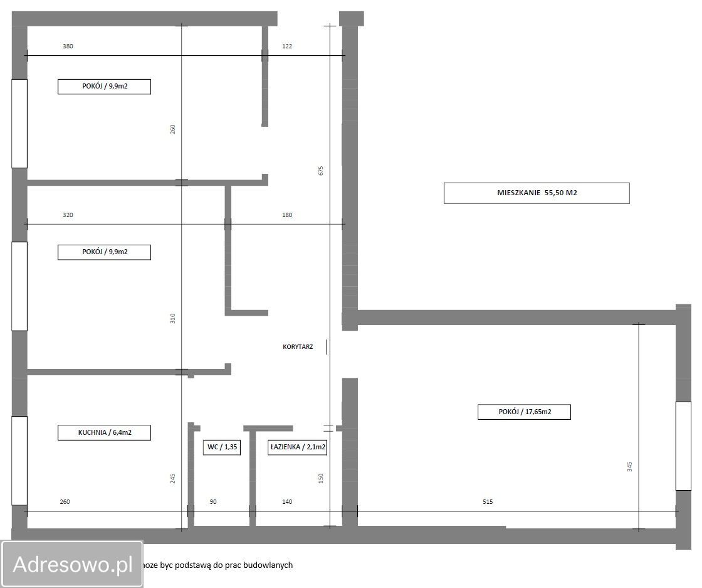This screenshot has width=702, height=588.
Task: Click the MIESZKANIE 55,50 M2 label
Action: click(537, 193)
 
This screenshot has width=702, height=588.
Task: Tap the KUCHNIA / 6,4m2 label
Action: click(104, 432)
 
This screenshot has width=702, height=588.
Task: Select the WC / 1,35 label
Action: click(222, 447)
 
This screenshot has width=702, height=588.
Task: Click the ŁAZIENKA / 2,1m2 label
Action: click(298, 447)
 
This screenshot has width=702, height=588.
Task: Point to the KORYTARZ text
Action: click(298, 346)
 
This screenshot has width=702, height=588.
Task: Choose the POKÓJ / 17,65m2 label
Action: click(524, 412)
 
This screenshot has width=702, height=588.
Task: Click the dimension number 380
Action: click(68, 46)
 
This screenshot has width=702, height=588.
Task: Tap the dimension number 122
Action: click(287, 46)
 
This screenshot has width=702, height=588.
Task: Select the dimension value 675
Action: click(320, 171)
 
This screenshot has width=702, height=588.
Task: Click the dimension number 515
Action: click(488, 502)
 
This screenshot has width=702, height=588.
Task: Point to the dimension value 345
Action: click(629, 466)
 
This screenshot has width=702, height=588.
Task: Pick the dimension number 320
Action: click(68, 215)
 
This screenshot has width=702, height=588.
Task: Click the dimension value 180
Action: click(287, 215)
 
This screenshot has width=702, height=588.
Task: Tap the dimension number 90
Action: click(213, 502)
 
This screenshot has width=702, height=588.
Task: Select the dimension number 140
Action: click(287, 502)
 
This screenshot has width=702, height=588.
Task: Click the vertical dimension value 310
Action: click(173, 319)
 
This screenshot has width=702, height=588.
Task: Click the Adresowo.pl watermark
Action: click(73, 564)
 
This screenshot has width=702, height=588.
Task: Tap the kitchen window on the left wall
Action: click(19, 461)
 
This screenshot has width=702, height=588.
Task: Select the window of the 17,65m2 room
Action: click(683, 446)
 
